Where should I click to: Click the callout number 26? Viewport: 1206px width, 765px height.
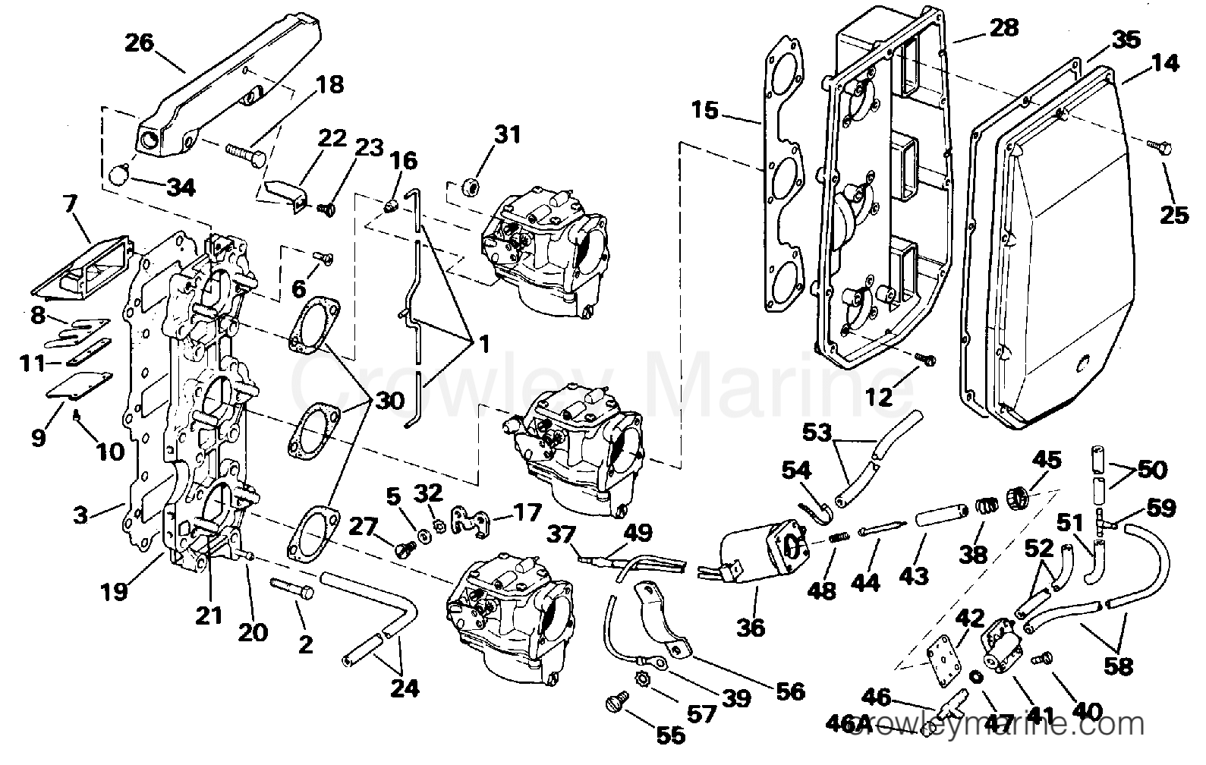[139, 42]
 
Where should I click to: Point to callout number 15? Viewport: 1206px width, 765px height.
[704, 111]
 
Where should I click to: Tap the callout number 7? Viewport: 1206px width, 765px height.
[69, 204]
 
